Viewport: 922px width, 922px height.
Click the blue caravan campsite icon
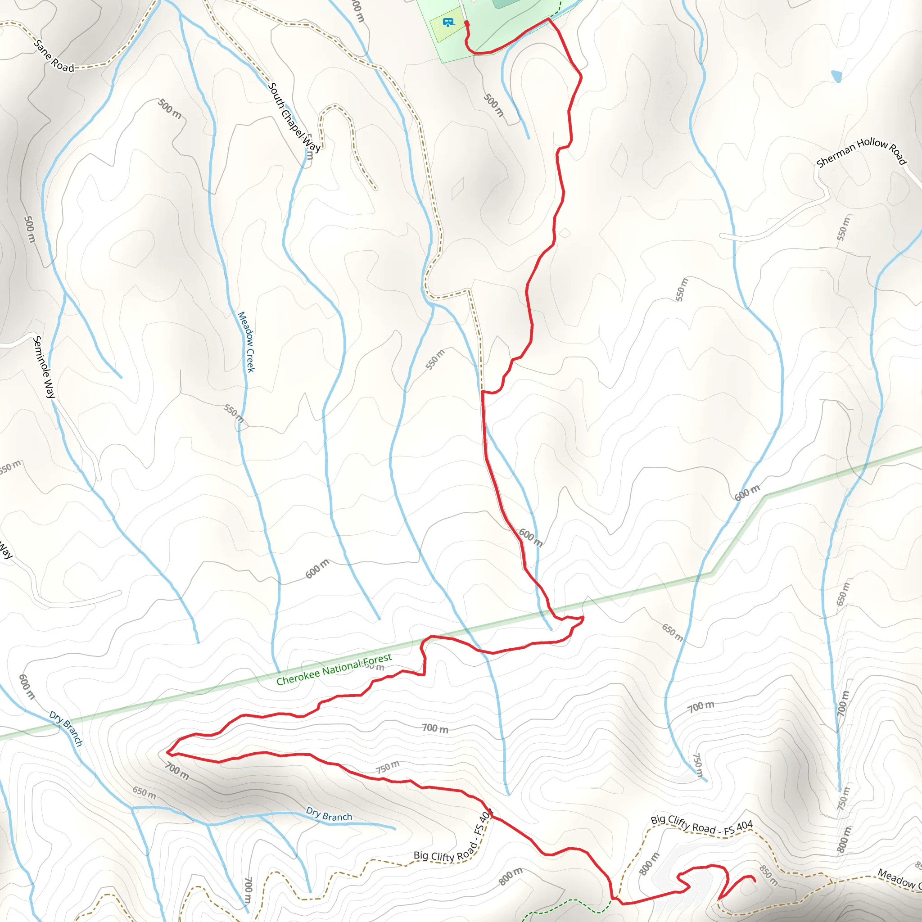[447, 22]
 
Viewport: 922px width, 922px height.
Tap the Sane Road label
[54, 57]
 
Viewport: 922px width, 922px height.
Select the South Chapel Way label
[294, 118]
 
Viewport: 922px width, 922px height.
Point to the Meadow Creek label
[246, 342]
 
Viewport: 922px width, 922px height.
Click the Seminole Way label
[44, 367]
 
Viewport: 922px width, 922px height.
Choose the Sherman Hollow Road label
[861, 152]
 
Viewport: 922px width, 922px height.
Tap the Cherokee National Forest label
[334, 669]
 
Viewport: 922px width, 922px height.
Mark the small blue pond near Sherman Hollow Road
[836, 76]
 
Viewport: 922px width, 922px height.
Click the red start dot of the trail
[467, 23]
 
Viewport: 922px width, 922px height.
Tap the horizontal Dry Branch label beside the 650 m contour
[329, 814]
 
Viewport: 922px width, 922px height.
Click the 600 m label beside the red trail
[531, 538]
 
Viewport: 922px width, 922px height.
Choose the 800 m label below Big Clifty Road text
[510, 876]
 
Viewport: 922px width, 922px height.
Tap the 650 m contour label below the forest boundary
[672, 633]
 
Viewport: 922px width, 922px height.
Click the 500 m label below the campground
[493, 105]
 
